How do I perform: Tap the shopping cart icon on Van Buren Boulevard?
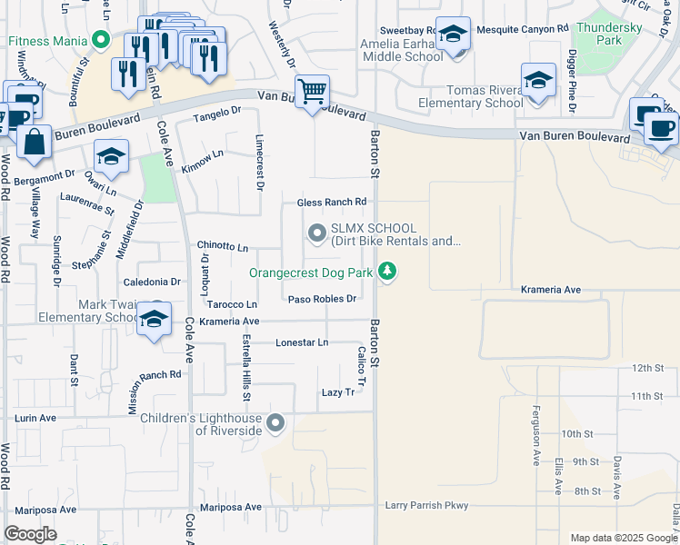[x=312, y=92]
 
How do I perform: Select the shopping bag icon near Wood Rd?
[x=34, y=144]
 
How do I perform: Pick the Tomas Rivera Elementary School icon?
[x=538, y=82]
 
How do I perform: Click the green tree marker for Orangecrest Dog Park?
[x=388, y=271]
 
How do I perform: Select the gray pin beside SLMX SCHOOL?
[x=316, y=233]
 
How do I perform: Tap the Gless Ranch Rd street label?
[x=332, y=202]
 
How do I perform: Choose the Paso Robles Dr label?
[x=321, y=298]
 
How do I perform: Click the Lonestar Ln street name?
[x=302, y=342]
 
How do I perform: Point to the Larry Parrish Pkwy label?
[x=425, y=505]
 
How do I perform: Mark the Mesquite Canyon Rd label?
[x=523, y=30]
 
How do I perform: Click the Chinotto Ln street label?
[x=223, y=246]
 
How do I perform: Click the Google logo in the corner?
[x=30, y=534]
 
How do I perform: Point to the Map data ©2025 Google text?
[x=623, y=538]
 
